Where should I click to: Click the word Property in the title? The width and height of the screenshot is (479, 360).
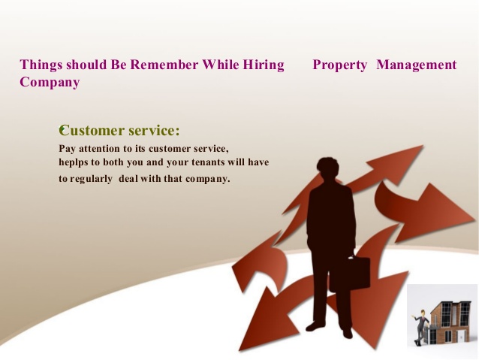coord(339,65)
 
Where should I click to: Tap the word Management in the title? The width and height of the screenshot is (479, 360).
coord(417,65)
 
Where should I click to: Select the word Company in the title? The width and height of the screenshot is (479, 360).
coord(50,82)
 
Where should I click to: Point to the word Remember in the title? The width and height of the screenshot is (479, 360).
coord(164,65)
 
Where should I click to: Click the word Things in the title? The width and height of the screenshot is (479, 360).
coord(41,65)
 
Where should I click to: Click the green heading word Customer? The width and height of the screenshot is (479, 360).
coord(92,131)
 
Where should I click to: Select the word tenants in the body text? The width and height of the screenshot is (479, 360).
coord(209,162)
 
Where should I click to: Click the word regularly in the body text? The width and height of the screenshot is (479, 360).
coord(91,179)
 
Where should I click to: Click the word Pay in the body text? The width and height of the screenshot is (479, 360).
coord(67,149)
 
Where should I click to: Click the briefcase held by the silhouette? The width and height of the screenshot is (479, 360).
coord(350,273)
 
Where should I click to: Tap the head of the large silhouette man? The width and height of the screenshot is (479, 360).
coord(328,168)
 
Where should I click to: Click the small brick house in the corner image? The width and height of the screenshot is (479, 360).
coord(449,322)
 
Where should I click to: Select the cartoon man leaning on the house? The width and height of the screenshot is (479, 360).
coord(420,327)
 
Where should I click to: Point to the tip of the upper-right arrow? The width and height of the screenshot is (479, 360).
coord(423,145)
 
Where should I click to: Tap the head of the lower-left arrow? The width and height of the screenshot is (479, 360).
coord(266,321)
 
